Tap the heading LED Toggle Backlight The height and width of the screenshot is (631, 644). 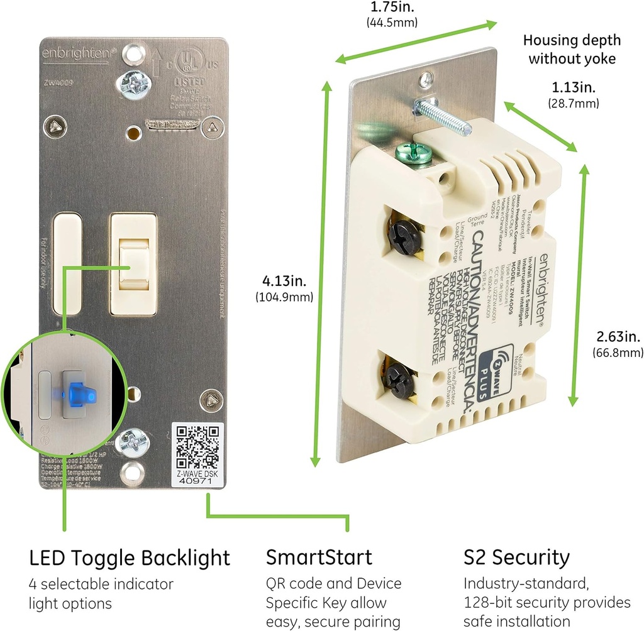[x=129, y=557]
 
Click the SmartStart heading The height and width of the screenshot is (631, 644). [x=319, y=557]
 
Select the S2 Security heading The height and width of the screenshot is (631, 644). [x=516, y=557]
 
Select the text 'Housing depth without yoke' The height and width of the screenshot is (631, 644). [x=572, y=50]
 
